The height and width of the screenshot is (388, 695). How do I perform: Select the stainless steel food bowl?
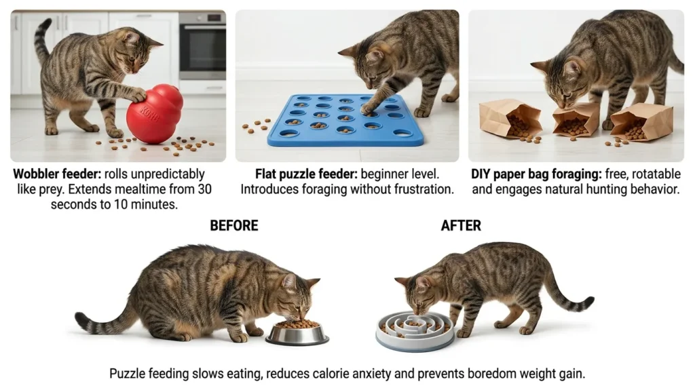tap(297, 332)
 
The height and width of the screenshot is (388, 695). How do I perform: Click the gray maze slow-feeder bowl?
tap(415, 330)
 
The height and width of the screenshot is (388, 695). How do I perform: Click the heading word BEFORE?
tap(234, 226)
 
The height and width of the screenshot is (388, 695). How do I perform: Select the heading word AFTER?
tap(461, 226)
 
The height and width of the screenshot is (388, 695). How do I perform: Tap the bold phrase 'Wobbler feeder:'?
tap(57, 174)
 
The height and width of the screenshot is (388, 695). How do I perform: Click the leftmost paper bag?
tap(510, 119)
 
